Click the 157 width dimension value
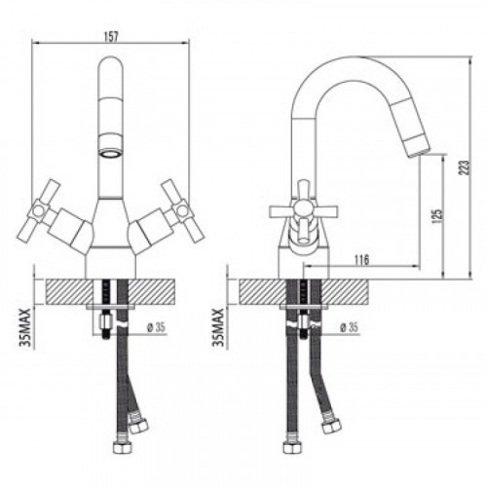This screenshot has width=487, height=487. (x=111, y=37)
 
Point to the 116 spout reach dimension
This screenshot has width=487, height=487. (x=361, y=260)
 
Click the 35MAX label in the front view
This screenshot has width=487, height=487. (x=27, y=327)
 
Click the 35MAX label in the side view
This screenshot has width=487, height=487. (x=219, y=327)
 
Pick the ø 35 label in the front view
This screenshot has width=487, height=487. (x=156, y=327)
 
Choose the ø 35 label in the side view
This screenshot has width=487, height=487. (x=349, y=327)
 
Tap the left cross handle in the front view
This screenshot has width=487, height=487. (x=40, y=210)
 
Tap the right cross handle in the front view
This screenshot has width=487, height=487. (x=183, y=210)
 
